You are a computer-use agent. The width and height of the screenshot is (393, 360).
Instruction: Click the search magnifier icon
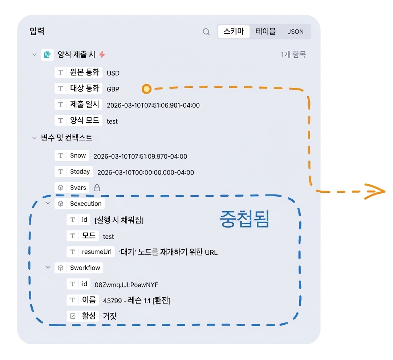pyautogui.click(x=206, y=32)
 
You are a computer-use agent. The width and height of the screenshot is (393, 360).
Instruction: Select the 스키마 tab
pyautogui.click(x=234, y=32)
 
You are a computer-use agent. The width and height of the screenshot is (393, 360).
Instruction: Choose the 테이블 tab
pyautogui.click(x=266, y=32)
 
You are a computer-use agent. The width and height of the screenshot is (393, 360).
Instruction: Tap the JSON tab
pyautogui.click(x=296, y=32)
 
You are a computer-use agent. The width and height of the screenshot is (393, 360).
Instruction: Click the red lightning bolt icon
pyautogui.click(x=102, y=54)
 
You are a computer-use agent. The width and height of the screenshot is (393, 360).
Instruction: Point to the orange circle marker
pyautogui.click(x=147, y=89)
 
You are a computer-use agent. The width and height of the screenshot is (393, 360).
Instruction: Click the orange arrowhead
pyautogui.click(x=375, y=192)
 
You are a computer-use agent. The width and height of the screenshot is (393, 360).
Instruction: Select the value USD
pyautogui.click(x=113, y=73)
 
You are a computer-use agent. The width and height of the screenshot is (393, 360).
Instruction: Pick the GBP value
pyautogui.click(x=113, y=89)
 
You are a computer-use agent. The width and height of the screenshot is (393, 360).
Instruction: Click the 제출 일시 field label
pyautogui.click(x=85, y=104)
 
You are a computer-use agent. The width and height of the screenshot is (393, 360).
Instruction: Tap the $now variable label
pyautogui.click(x=78, y=155)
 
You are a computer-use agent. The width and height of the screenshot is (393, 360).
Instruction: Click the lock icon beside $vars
pyautogui.click(x=97, y=188)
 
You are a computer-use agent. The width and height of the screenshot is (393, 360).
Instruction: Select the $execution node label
pyautogui.click(x=86, y=204)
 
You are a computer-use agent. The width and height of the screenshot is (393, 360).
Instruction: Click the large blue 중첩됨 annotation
pyautogui.click(x=244, y=219)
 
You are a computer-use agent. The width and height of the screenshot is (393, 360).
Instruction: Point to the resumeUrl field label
pyautogui.click(x=97, y=251)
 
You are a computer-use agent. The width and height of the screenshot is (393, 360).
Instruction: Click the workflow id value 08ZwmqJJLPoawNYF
pyautogui.click(x=126, y=285)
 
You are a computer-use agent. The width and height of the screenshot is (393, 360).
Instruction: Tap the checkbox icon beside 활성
pyautogui.click(x=73, y=316)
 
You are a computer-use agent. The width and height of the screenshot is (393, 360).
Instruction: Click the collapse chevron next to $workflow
pyautogui.click(x=48, y=267)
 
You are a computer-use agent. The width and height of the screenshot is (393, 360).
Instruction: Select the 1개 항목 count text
pyautogui.click(x=293, y=54)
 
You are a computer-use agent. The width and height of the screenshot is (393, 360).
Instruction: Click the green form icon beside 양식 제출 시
pyautogui.click(x=47, y=54)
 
